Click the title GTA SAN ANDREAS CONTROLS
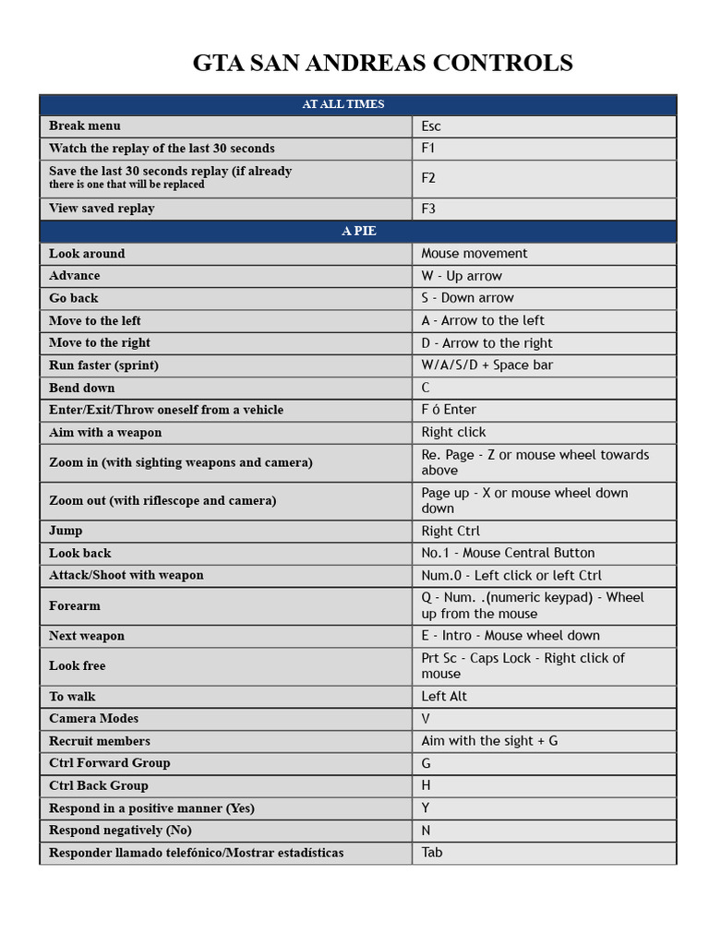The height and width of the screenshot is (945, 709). [x=382, y=63]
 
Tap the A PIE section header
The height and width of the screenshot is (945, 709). [x=358, y=231]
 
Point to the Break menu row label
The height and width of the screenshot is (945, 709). [x=85, y=126]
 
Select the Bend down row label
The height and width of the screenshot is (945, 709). [x=82, y=388]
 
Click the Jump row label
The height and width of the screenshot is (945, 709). [x=66, y=531]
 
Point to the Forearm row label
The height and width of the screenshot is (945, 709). [x=75, y=605]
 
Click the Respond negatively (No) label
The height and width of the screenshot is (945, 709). [x=120, y=830]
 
